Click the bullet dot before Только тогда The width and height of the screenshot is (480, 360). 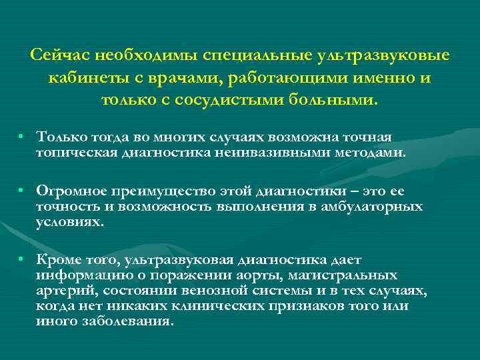tap(22, 137)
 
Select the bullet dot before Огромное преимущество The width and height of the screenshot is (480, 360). tap(22, 191)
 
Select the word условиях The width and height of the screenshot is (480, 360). tap(70, 222)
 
